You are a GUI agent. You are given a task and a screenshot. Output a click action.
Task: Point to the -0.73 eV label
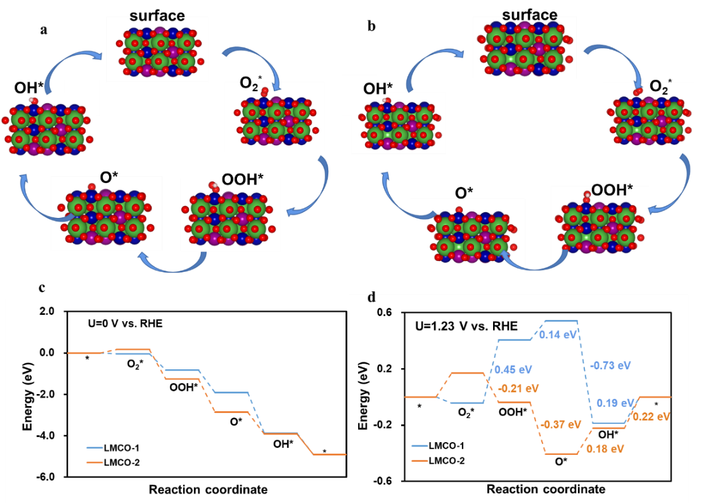(x=610, y=366)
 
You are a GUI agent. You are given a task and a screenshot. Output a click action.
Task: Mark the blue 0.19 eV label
(x=615, y=403)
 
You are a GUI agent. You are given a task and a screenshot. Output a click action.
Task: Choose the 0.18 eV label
(x=605, y=449)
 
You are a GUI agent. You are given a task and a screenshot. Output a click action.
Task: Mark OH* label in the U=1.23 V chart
(x=608, y=435)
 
